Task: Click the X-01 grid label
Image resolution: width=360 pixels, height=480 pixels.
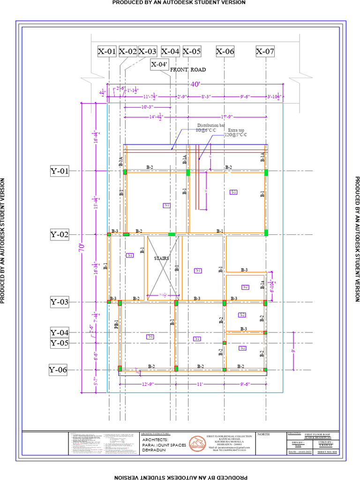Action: click(106, 52)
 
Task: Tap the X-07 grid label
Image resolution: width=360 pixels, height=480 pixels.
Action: click(265, 52)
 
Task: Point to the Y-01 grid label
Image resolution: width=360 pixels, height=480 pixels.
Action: click(60, 172)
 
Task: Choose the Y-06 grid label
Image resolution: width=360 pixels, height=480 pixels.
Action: click(58, 370)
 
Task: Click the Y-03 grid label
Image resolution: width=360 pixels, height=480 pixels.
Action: click(60, 302)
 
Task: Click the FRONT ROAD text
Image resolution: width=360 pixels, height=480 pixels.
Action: click(187, 70)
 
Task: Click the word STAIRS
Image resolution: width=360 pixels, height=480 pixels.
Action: click(162, 258)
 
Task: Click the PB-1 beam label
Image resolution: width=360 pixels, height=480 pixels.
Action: click(116, 324)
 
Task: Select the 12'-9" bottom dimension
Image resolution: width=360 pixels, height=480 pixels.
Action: click(147, 384)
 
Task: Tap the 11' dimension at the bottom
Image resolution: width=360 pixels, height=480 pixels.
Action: click(199, 384)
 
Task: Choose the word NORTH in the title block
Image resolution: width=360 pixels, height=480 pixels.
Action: click(264, 434)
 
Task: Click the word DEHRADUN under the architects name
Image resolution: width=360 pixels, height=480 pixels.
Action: click(154, 450)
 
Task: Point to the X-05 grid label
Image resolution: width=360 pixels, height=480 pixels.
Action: click(192, 52)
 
